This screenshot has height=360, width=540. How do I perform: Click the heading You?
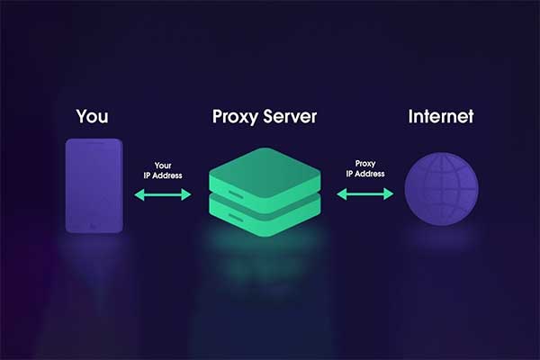point(94,117)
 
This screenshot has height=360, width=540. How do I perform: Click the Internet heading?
point(440,117)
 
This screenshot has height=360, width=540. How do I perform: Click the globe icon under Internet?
point(441,191)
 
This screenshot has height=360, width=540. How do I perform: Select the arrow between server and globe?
point(364,193)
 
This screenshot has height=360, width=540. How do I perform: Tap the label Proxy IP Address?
point(364,170)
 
